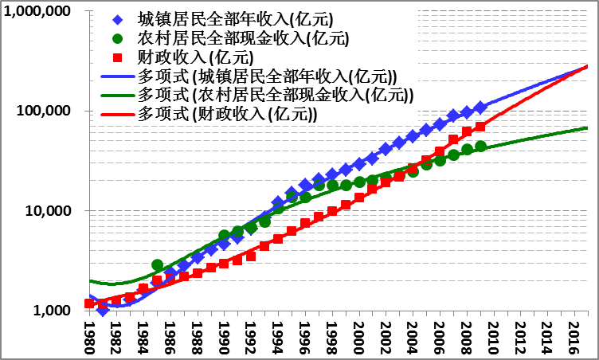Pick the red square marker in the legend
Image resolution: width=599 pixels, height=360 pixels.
point(119,57)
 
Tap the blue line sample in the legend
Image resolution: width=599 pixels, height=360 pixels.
point(119,76)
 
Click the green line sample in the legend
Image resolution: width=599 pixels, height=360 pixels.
point(119,96)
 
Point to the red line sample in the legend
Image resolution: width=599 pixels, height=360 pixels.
point(119,115)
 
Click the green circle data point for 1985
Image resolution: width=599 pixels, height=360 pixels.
point(157,265)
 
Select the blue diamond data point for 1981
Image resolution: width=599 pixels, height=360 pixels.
point(103,310)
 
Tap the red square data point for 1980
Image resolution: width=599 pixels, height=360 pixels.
point(89,303)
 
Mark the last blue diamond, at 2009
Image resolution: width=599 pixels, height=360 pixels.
point(480,108)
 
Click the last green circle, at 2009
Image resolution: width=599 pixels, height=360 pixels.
point(480,147)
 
